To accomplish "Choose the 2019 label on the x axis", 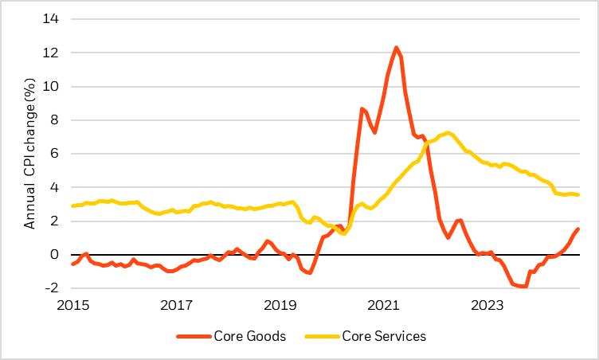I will [x=280, y=305].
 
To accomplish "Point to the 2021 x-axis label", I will [x=383, y=305].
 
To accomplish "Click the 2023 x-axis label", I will [x=487, y=305].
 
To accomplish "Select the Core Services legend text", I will [x=384, y=336].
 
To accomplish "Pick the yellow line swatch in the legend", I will [x=322, y=336].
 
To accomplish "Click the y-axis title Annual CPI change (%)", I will [x=29, y=153].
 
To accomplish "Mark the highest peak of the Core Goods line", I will [x=396, y=48].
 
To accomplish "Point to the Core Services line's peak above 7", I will [x=448, y=132].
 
